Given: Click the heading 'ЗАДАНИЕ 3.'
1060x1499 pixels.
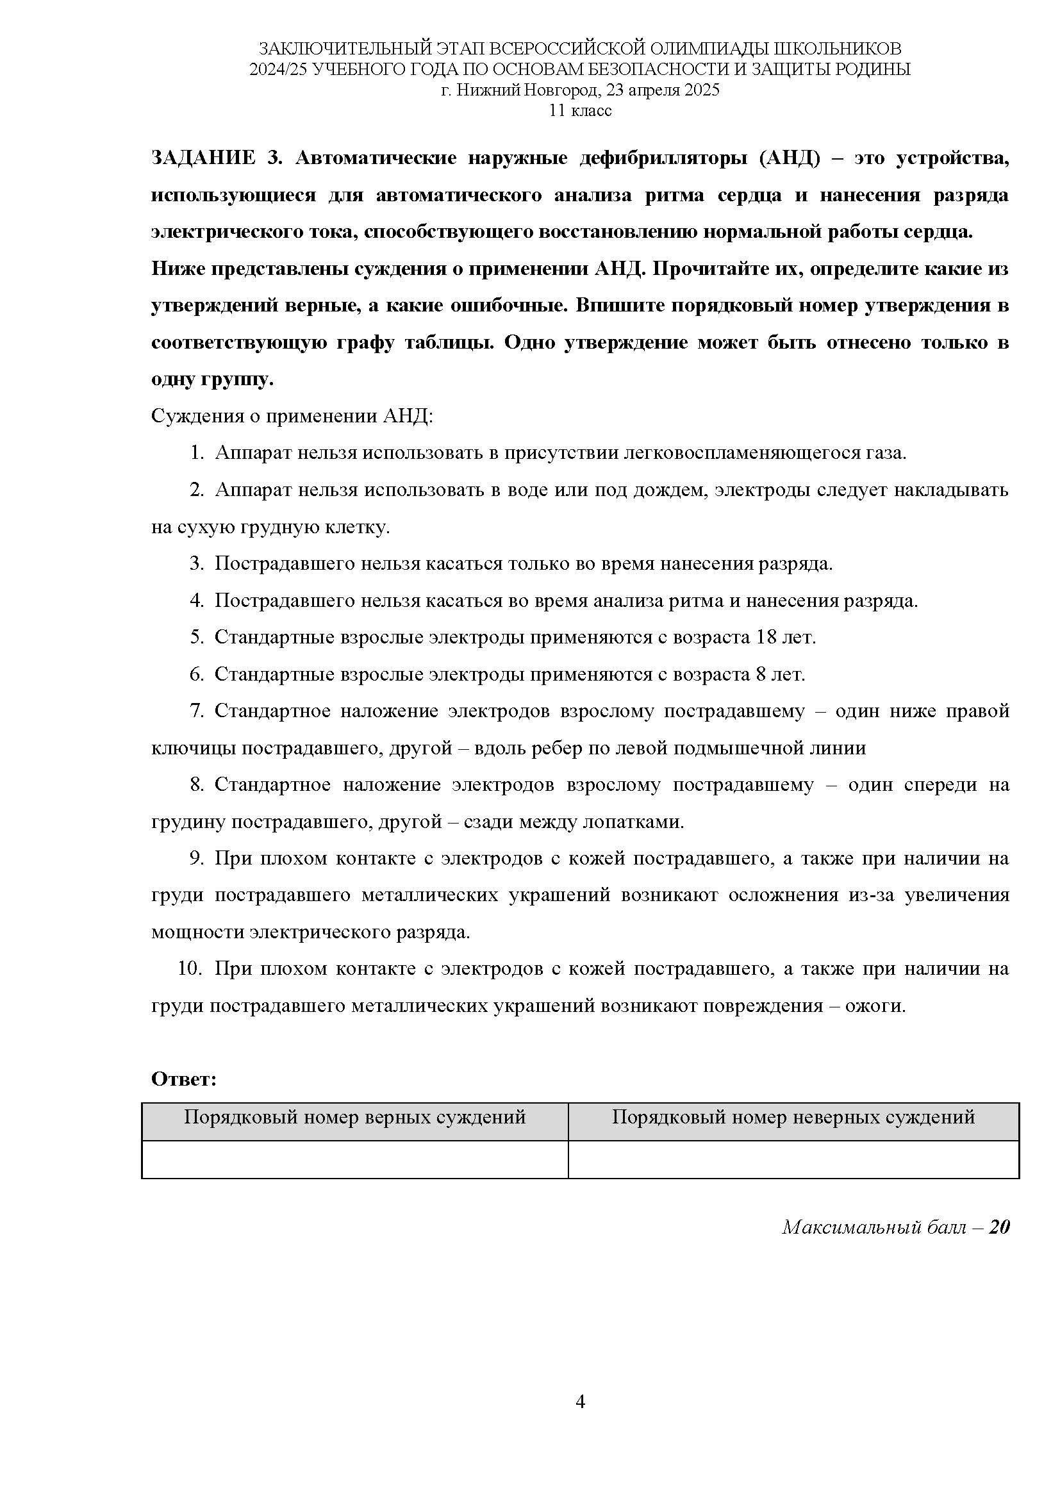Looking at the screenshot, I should click(215, 159).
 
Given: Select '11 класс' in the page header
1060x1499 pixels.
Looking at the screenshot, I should click(580, 110).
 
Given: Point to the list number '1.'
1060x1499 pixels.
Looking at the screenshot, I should click(197, 452).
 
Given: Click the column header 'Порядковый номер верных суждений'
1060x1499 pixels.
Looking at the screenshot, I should click(354, 1117).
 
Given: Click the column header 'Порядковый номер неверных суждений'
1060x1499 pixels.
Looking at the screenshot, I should click(793, 1117).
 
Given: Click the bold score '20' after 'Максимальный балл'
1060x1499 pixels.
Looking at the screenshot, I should click(998, 1227).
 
